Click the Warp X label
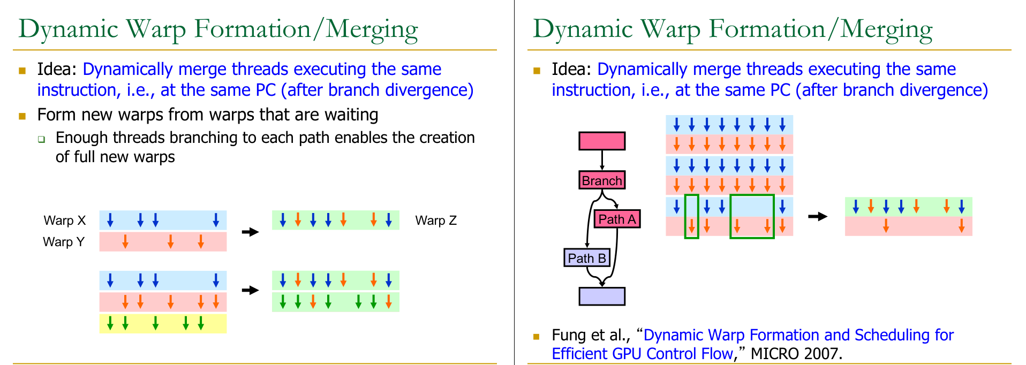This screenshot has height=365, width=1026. [x=65, y=220]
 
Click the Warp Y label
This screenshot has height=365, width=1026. [x=64, y=242]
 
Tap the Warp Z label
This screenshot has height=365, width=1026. [x=436, y=220]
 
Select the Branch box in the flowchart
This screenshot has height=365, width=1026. [x=602, y=180]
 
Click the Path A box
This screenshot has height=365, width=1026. [x=617, y=219]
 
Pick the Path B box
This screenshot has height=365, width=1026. [x=587, y=258]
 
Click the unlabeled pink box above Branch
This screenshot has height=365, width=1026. [x=602, y=141]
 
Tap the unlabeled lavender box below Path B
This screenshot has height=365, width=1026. [x=602, y=296]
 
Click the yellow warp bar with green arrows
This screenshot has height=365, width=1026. [x=163, y=324]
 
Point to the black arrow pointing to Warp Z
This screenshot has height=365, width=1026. [x=250, y=232]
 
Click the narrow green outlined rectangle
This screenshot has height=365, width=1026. [x=692, y=216]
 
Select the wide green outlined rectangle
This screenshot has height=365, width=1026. [x=752, y=216]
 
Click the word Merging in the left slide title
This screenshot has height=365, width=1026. [x=372, y=29]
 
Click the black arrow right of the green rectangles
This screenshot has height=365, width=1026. [x=817, y=216]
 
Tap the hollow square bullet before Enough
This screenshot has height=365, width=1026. [x=41, y=139]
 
